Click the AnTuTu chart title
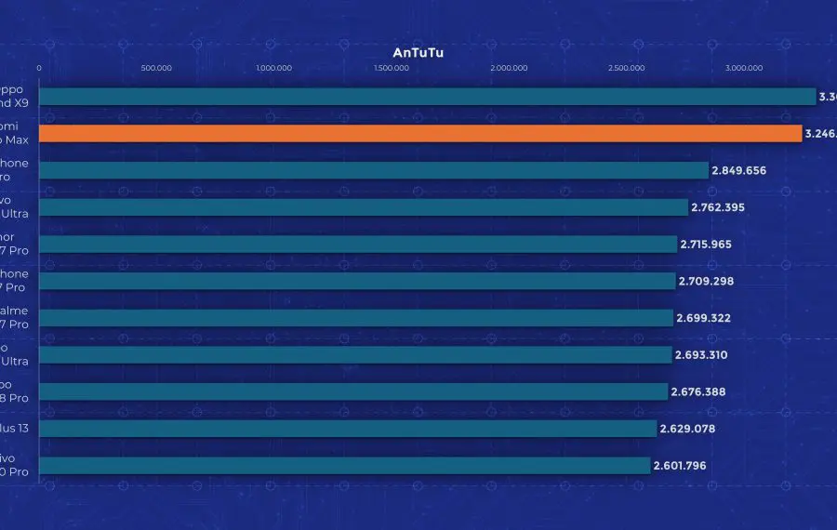tap(418, 53)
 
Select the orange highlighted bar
tap(419, 134)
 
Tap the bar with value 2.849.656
tap(373, 170)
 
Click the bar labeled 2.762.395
tap(363, 207)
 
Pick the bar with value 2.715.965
tap(357, 244)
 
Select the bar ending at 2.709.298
tap(356, 281)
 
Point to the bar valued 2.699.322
tap(355, 318)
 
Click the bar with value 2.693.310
tap(354, 354)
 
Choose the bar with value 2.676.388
tap(352, 391)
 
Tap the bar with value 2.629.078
tap(347, 429)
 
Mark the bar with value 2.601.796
tap(344, 465)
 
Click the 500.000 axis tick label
tap(156, 68)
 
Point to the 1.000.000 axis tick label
tap(273, 68)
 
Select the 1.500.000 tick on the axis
tap(392, 68)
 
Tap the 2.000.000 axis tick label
tap(509, 68)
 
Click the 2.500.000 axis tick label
tap(626, 68)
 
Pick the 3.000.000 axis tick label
tap(744, 68)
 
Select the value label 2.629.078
tap(687, 429)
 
